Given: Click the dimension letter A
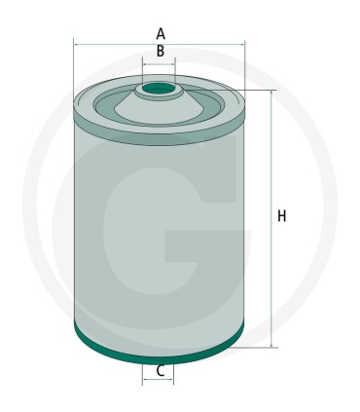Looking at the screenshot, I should [x=160, y=33].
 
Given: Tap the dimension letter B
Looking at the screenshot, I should [x=160, y=50].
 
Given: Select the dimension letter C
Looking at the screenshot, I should [x=160, y=371].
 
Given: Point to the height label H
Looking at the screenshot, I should [x=281, y=216].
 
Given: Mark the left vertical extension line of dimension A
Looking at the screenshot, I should [x=74, y=68].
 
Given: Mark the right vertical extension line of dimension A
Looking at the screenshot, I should [x=244, y=68].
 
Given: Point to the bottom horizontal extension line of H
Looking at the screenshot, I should [x=258, y=347].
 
